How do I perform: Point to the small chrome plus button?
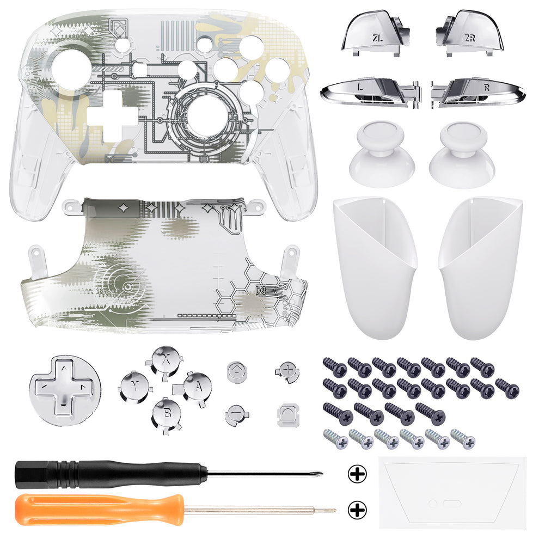285,371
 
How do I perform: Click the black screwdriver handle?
109,474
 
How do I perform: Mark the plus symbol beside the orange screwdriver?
357,510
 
